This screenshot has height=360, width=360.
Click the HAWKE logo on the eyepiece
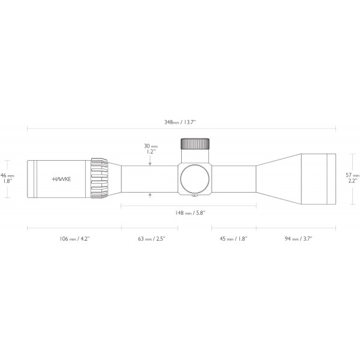point(60,179)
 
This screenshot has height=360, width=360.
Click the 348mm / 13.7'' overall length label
point(180,122)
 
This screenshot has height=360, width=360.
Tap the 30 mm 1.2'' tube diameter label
point(149,148)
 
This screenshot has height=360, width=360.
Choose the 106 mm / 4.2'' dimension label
point(74,238)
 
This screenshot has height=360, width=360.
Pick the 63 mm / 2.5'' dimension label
point(151,238)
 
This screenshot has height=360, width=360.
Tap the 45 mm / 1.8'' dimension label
point(233,238)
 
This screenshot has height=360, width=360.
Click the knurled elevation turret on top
point(196,143)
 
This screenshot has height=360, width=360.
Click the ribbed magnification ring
point(99,178)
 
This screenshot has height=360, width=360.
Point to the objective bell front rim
point(331,178)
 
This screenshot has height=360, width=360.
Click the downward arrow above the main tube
point(149,160)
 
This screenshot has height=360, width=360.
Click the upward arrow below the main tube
point(149,195)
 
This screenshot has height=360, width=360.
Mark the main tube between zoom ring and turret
point(150,178)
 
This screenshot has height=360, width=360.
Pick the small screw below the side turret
point(195,195)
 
